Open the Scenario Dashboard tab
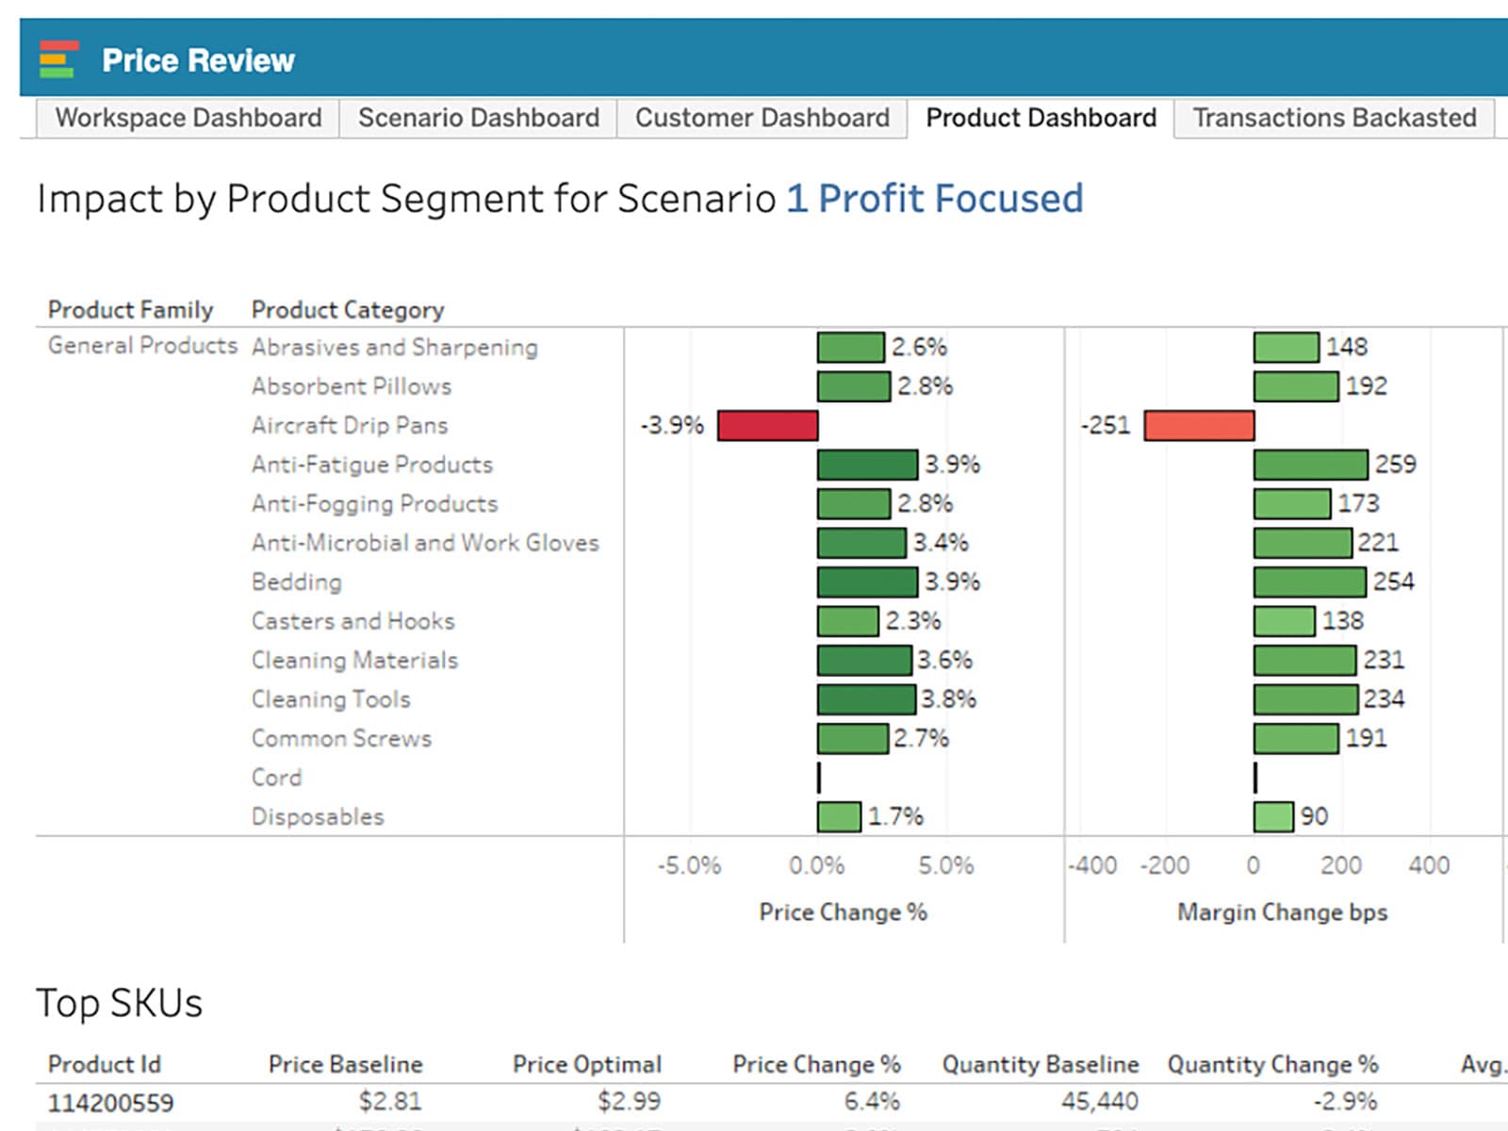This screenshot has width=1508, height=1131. pyautogui.click(x=478, y=118)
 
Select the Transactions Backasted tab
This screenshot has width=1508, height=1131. pyautogui.click(x=1334, y=118)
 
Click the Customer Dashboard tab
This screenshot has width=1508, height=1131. pyautogui.click(x=762, y=118)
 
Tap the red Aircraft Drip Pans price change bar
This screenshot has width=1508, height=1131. pyautogui.click(x=767, y=425)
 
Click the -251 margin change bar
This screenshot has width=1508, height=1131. pyautogui.click(x=1199, y=425)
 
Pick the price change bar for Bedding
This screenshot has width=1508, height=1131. pyautogui.click(x=867, y=582)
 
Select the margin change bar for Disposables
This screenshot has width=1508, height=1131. pyautogui.click(x=1273, y=816)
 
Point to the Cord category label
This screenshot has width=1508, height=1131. pyautogui.click(x=277, y=778)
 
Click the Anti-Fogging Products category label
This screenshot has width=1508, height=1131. pyautogui.click(x=374, y=504)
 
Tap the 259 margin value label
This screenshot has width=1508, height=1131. pyautogui.click(x=1395, y=465)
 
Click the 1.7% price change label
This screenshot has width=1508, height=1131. pyautogui.click(x=894, y=816)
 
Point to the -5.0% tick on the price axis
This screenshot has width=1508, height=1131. pyautogui.click(x=689, y=865)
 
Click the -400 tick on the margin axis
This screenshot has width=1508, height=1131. pyautogui.click(x=1092, y=865)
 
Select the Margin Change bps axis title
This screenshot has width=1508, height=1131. pyautogui.click(x=1282, y=912)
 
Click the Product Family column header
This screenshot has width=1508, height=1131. pyautogui.click(x=130, y=310)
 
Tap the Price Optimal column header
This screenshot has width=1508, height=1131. pyautogui.click(x=586, y=1064)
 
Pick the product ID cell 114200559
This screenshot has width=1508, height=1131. pyautogui.click(x=110, y=1102)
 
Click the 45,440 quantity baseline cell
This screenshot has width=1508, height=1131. pyautogui.click(x=1099, y=1101)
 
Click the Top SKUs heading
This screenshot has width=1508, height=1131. pyautogui.click(x=119, y=1003)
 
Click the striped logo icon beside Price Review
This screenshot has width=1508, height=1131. pyautogui.click(x=57, y=59)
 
